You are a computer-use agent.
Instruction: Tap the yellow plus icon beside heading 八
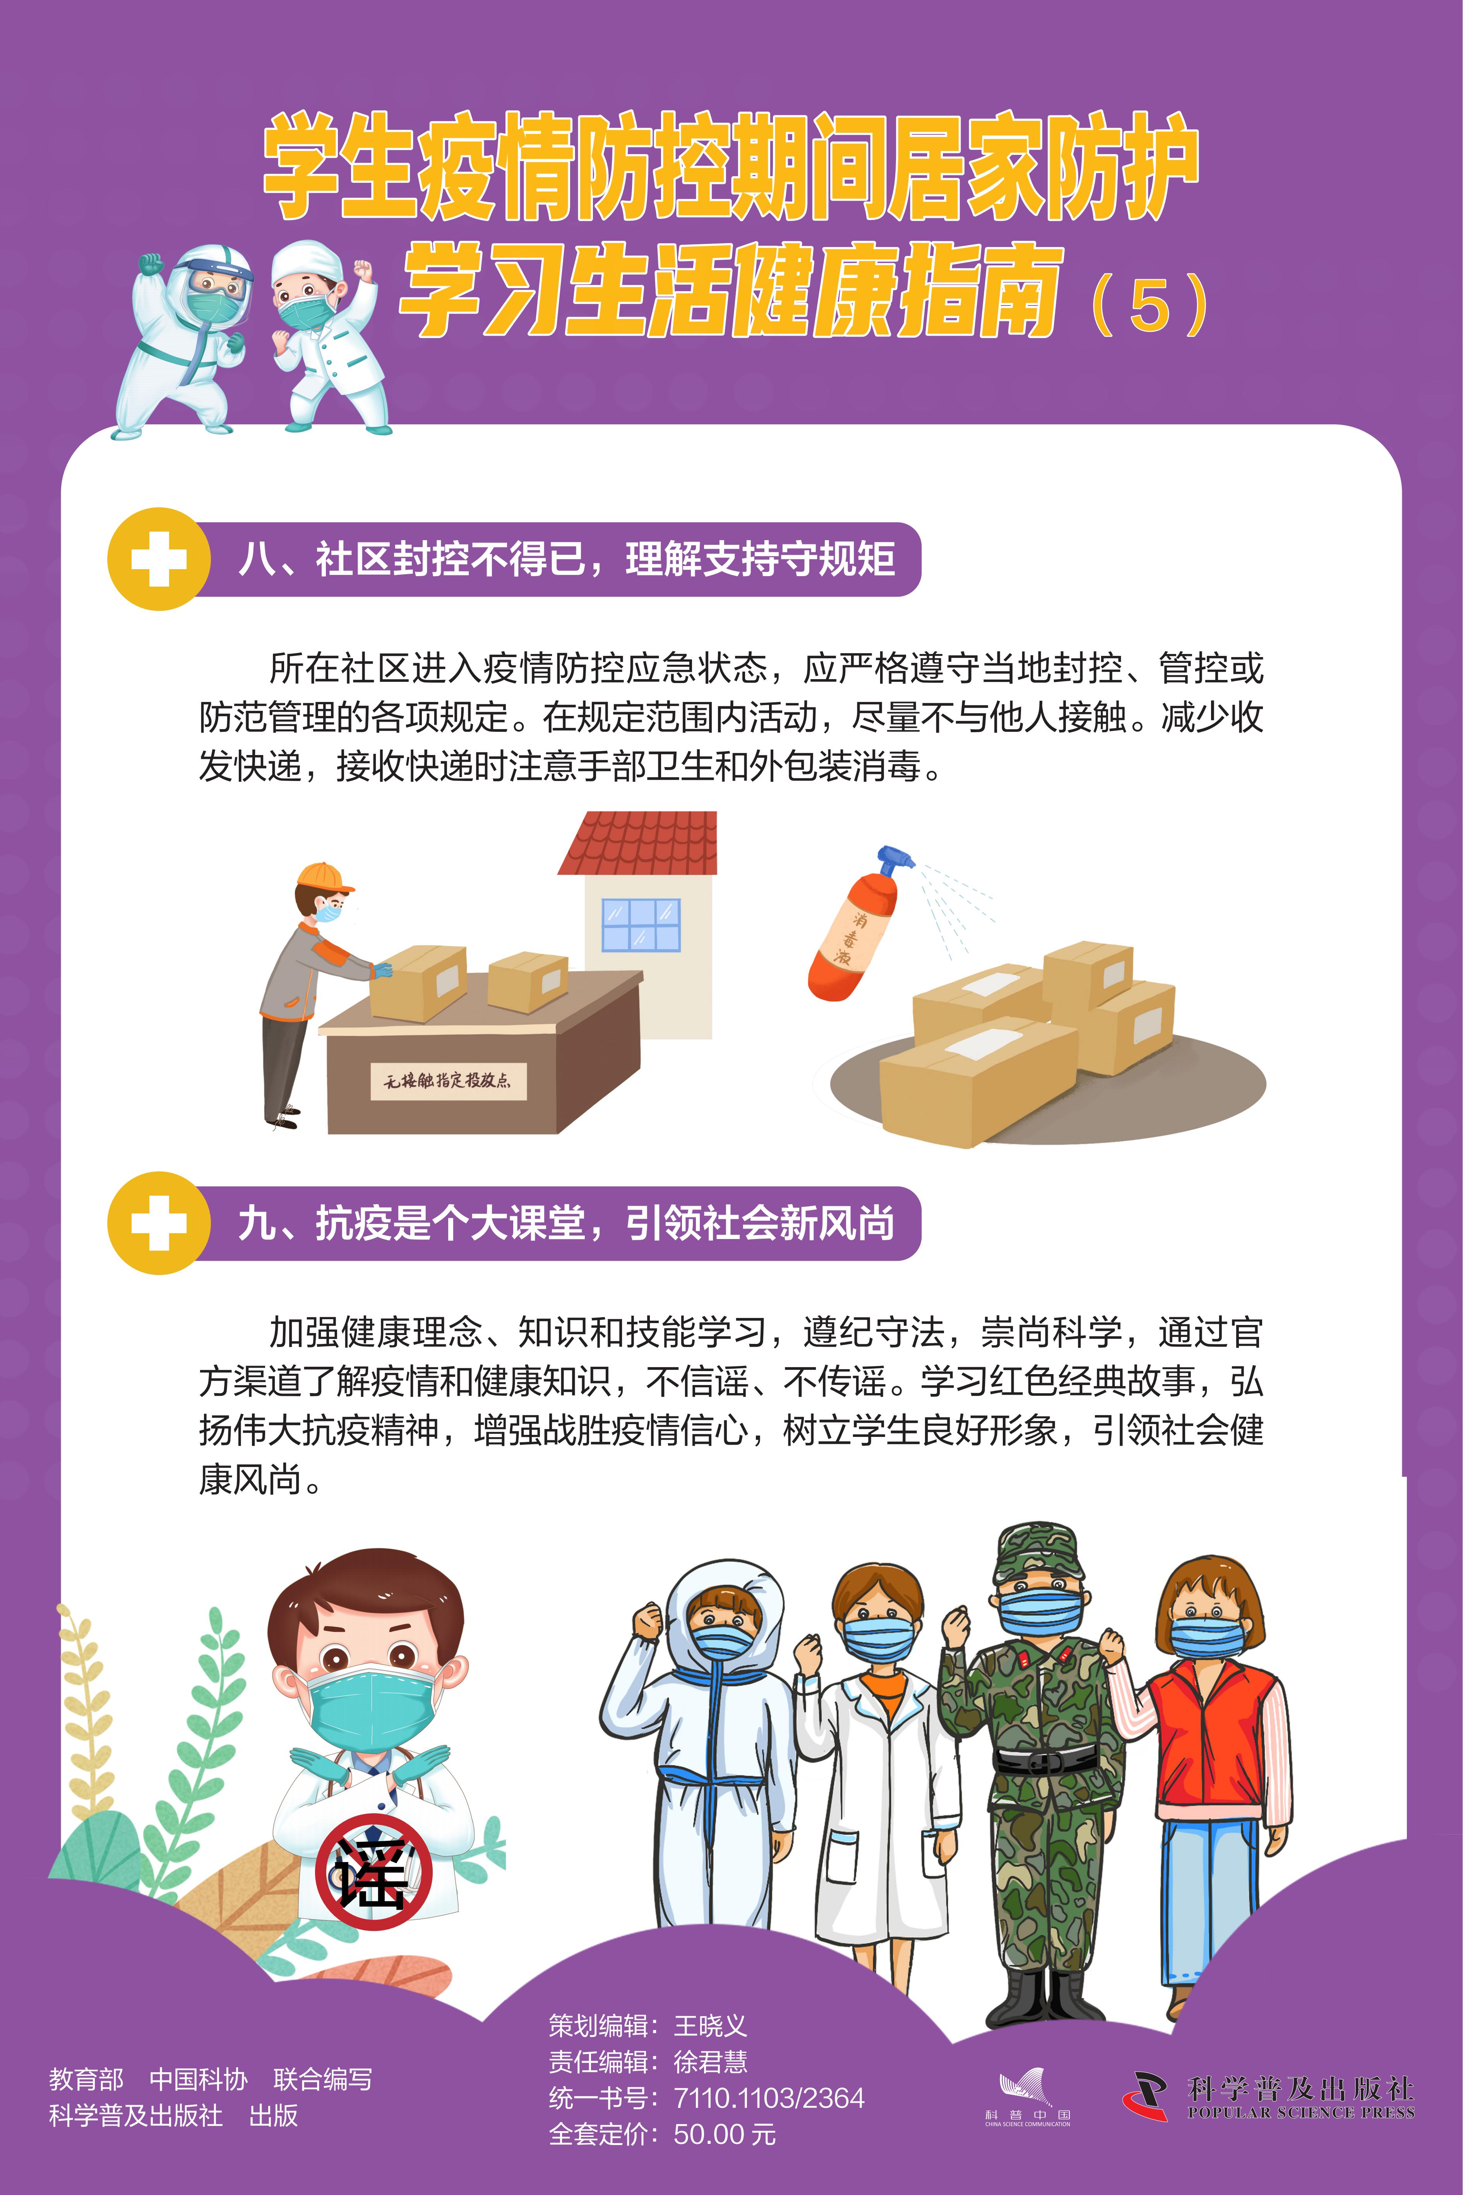pos(159,559)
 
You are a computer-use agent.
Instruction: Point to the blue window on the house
pos(641,925)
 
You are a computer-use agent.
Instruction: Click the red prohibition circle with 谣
pos(373,1872)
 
